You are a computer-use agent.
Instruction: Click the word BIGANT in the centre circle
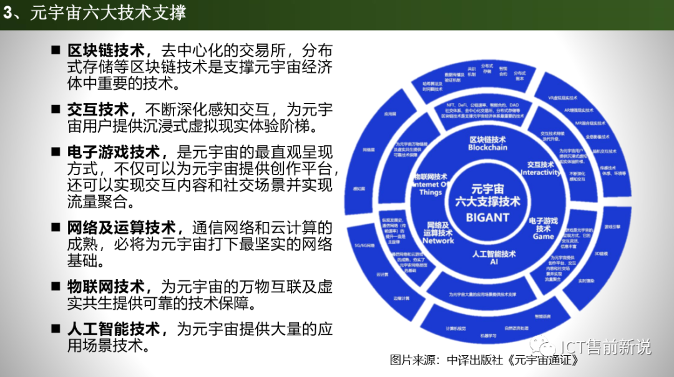tap(487, 217)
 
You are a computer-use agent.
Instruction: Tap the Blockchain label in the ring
tap(488, 148)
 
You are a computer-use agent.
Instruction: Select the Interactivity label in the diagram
tap(540, 173)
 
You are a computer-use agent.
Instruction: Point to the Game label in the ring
tap(543, 237)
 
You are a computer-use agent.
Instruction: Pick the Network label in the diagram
tap(438, 241)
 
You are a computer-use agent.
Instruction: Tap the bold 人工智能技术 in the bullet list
tap(114, 328)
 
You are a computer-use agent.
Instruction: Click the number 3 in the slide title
tap(8, 13)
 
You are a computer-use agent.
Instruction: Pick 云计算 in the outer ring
tap(383, 274)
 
